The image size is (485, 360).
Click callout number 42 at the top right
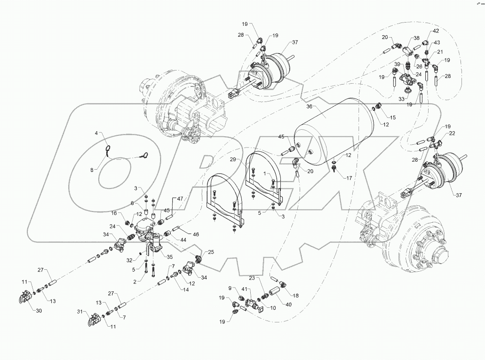436,31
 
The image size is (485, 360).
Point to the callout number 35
169,257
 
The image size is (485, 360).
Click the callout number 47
179,200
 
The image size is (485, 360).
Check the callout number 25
211,252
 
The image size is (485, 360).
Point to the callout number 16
114,213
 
